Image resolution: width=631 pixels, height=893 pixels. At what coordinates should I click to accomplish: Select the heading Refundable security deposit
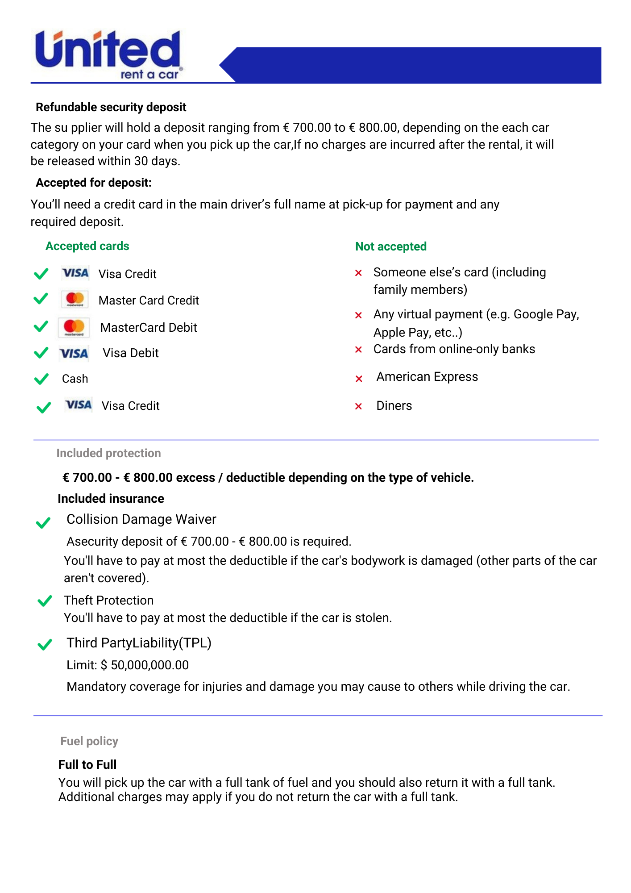(111, 107)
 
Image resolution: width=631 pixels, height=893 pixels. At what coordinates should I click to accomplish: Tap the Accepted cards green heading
(87, 246)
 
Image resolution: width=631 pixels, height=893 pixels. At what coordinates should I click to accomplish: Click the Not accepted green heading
(390, 246)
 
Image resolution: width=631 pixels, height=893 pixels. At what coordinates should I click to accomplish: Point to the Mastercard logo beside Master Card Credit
(75, 299)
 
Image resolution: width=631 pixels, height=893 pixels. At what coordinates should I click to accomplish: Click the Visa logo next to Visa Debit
(74, 354)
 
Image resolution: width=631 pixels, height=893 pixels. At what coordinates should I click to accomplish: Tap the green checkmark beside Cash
(42, 379)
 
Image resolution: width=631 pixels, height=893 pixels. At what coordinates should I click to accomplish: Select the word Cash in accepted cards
(75, 379)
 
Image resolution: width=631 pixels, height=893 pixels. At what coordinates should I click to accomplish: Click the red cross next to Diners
(358, 406)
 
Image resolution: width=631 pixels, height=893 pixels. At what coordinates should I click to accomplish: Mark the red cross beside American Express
(358, 379)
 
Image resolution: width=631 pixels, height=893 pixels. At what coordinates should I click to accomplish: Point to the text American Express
(427, 377)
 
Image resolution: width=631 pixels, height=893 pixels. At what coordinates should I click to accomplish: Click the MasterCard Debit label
(149, 328)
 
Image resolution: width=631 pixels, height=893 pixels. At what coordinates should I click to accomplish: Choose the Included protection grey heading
(108, 453)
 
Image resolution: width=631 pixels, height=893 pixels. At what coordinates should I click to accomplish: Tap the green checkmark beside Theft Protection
(45, 601)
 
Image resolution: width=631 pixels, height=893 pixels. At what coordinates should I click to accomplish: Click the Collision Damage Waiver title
(141, 519)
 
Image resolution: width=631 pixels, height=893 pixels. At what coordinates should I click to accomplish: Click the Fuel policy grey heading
(89, 741)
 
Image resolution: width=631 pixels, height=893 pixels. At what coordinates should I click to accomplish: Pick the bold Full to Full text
(87, 765)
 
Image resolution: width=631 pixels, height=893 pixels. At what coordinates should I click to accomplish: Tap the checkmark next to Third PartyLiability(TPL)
(45, 644)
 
